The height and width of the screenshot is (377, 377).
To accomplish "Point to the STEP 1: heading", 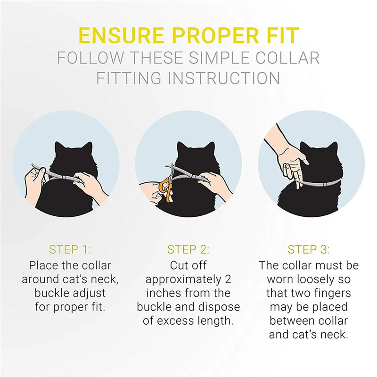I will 70,249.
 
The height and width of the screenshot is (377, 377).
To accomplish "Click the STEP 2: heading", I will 188,249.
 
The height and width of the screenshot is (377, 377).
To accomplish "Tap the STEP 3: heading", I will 309,249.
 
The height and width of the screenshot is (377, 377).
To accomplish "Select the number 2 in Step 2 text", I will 228,279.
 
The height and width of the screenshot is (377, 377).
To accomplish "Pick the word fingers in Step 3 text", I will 335,293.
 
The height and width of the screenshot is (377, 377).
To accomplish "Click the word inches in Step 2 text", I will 164,293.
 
